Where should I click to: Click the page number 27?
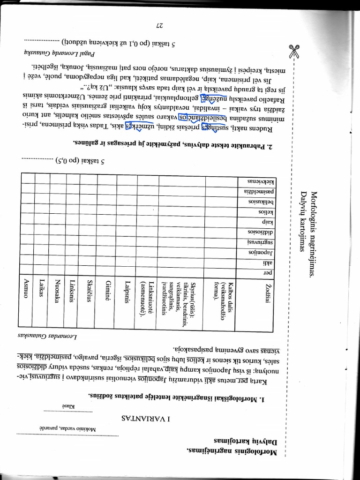click(158, 25)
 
